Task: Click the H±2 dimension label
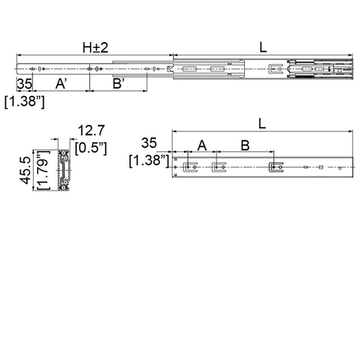95,48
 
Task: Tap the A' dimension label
62,84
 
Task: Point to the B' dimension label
119,84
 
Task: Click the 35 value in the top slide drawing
24,84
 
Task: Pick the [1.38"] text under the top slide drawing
24,102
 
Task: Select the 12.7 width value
91,131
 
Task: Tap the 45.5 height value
26,170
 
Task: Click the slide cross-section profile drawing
63,170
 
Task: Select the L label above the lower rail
262,124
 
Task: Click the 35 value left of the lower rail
149,144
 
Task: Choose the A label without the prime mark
202,145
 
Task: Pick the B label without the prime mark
245,145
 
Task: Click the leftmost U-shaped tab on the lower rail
190,167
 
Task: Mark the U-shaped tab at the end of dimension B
275,167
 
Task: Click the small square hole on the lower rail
320,167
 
